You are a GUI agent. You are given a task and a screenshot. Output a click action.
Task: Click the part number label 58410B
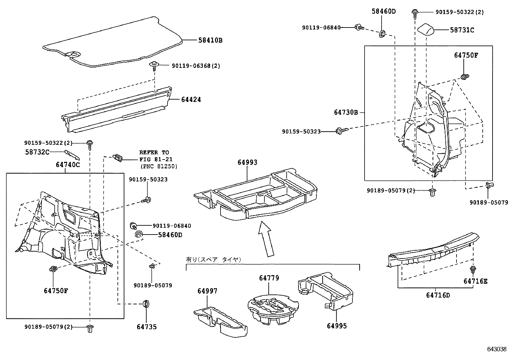coord(210,41)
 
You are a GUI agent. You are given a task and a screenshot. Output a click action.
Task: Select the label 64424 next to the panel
coord(191,100)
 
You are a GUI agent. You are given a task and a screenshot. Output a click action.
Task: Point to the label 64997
coord(207,291)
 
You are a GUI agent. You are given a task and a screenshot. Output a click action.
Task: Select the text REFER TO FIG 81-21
coord(154,156)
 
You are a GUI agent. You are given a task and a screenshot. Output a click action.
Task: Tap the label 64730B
coord(346,112)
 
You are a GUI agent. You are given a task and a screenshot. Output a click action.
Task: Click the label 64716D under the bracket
coord(438,295)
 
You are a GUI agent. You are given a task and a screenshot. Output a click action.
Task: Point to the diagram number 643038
coord(496,349)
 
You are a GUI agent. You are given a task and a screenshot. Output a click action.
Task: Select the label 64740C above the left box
coord(68,165)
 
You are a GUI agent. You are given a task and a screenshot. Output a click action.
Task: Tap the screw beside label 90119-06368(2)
coord(154,66)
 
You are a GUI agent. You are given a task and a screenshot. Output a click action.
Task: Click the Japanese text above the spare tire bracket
coord(213,259)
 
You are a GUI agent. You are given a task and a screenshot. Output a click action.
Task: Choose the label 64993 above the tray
coord(247,162)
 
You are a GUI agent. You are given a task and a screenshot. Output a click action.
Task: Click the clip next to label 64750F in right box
coord(464,77)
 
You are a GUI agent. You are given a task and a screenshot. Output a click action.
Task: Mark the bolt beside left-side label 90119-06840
coord(134,226)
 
